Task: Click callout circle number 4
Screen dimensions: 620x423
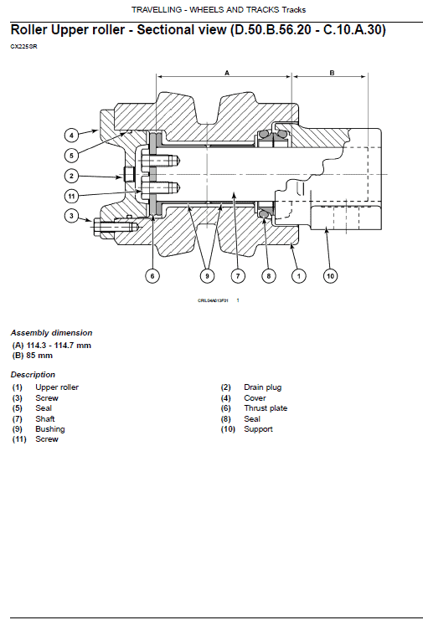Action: click(x=73, y=134)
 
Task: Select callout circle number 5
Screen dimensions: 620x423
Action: click(x=73, y=155)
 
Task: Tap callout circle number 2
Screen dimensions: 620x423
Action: click(x=73, y=176)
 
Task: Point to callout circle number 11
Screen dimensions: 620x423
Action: click(x=73, y=196)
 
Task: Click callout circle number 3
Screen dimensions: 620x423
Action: click(x=73, y=217)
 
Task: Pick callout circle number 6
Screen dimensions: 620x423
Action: click(x=152, y=274)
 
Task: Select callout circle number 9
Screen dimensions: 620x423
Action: click(x=208, y=274)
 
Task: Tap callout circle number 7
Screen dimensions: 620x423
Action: click(x=238, y=274)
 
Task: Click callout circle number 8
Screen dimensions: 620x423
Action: click(x=267, y=274)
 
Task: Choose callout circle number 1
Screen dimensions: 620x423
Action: click(x=296, y=274)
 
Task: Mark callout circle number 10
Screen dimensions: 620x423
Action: click(x=329, y=274)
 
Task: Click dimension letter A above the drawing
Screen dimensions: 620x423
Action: click(x=226, y=74)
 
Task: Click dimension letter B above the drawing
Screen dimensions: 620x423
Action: click(x=331, y=74)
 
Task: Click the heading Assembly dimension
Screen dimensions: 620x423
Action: click(x=51, y=333)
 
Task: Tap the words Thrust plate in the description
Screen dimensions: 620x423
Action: click(x=266, y=408)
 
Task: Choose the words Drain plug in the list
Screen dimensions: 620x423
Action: click(x=262, y=387)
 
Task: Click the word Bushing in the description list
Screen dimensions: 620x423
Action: click(x=49, y=429)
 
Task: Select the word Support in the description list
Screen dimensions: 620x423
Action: click(x=258, y=429)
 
